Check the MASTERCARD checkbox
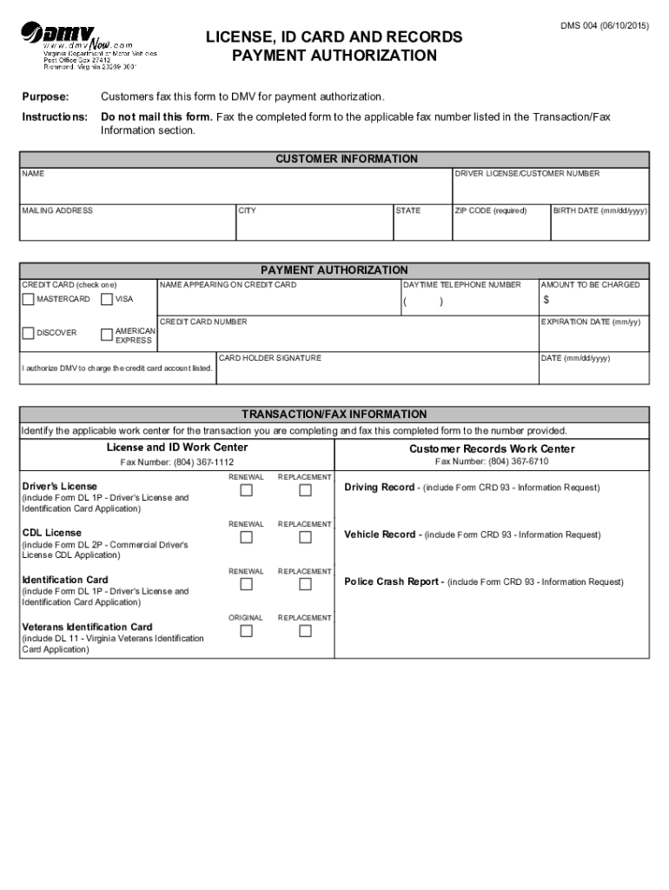point(29,300)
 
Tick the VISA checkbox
point(106,300)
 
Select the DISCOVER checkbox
point(29,333)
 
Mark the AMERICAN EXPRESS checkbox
point(106,334)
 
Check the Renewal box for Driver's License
point(246,490)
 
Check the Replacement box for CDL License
point(305,537)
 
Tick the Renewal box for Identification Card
point(246,584)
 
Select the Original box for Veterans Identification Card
point(246,631)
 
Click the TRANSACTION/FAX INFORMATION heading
point(334,415)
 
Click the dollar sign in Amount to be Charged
point(546,300)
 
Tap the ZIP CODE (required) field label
point(491,210)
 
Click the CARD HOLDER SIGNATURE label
point(269,358)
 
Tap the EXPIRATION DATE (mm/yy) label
point(590,322)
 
